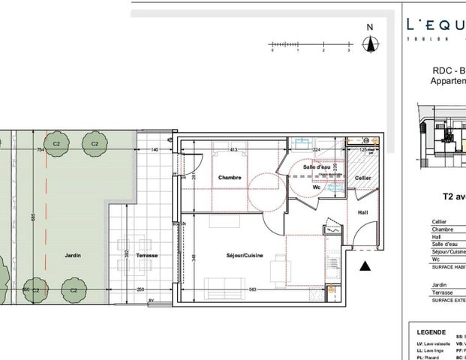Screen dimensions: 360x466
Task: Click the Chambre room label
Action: point(230,178)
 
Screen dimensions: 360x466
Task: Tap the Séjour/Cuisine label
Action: point(228,255)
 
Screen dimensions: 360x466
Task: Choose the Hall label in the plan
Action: point(362,212)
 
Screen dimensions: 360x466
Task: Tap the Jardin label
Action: point(72,256)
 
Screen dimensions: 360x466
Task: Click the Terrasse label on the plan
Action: point(147,256)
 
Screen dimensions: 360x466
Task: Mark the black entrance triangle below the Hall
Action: point(365,265)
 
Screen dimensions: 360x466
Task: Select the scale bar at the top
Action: point(311,47)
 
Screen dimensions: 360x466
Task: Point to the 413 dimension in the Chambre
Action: point(233,150)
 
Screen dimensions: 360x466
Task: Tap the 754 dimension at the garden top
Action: point(41,150)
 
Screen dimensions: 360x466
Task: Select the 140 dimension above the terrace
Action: point(155,150)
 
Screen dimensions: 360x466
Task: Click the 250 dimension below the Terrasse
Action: point(140,289)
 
